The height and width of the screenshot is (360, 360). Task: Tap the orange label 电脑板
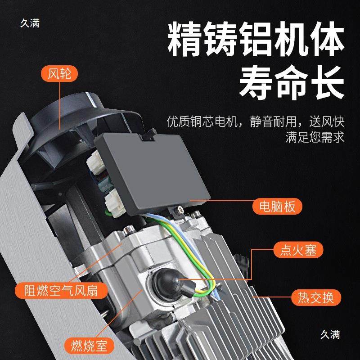coord(277,207)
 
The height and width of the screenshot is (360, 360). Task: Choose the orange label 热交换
coord(313,297)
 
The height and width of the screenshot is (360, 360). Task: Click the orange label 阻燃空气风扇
coord(62,290)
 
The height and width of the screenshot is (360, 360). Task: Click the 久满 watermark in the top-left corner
coord(30,22)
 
